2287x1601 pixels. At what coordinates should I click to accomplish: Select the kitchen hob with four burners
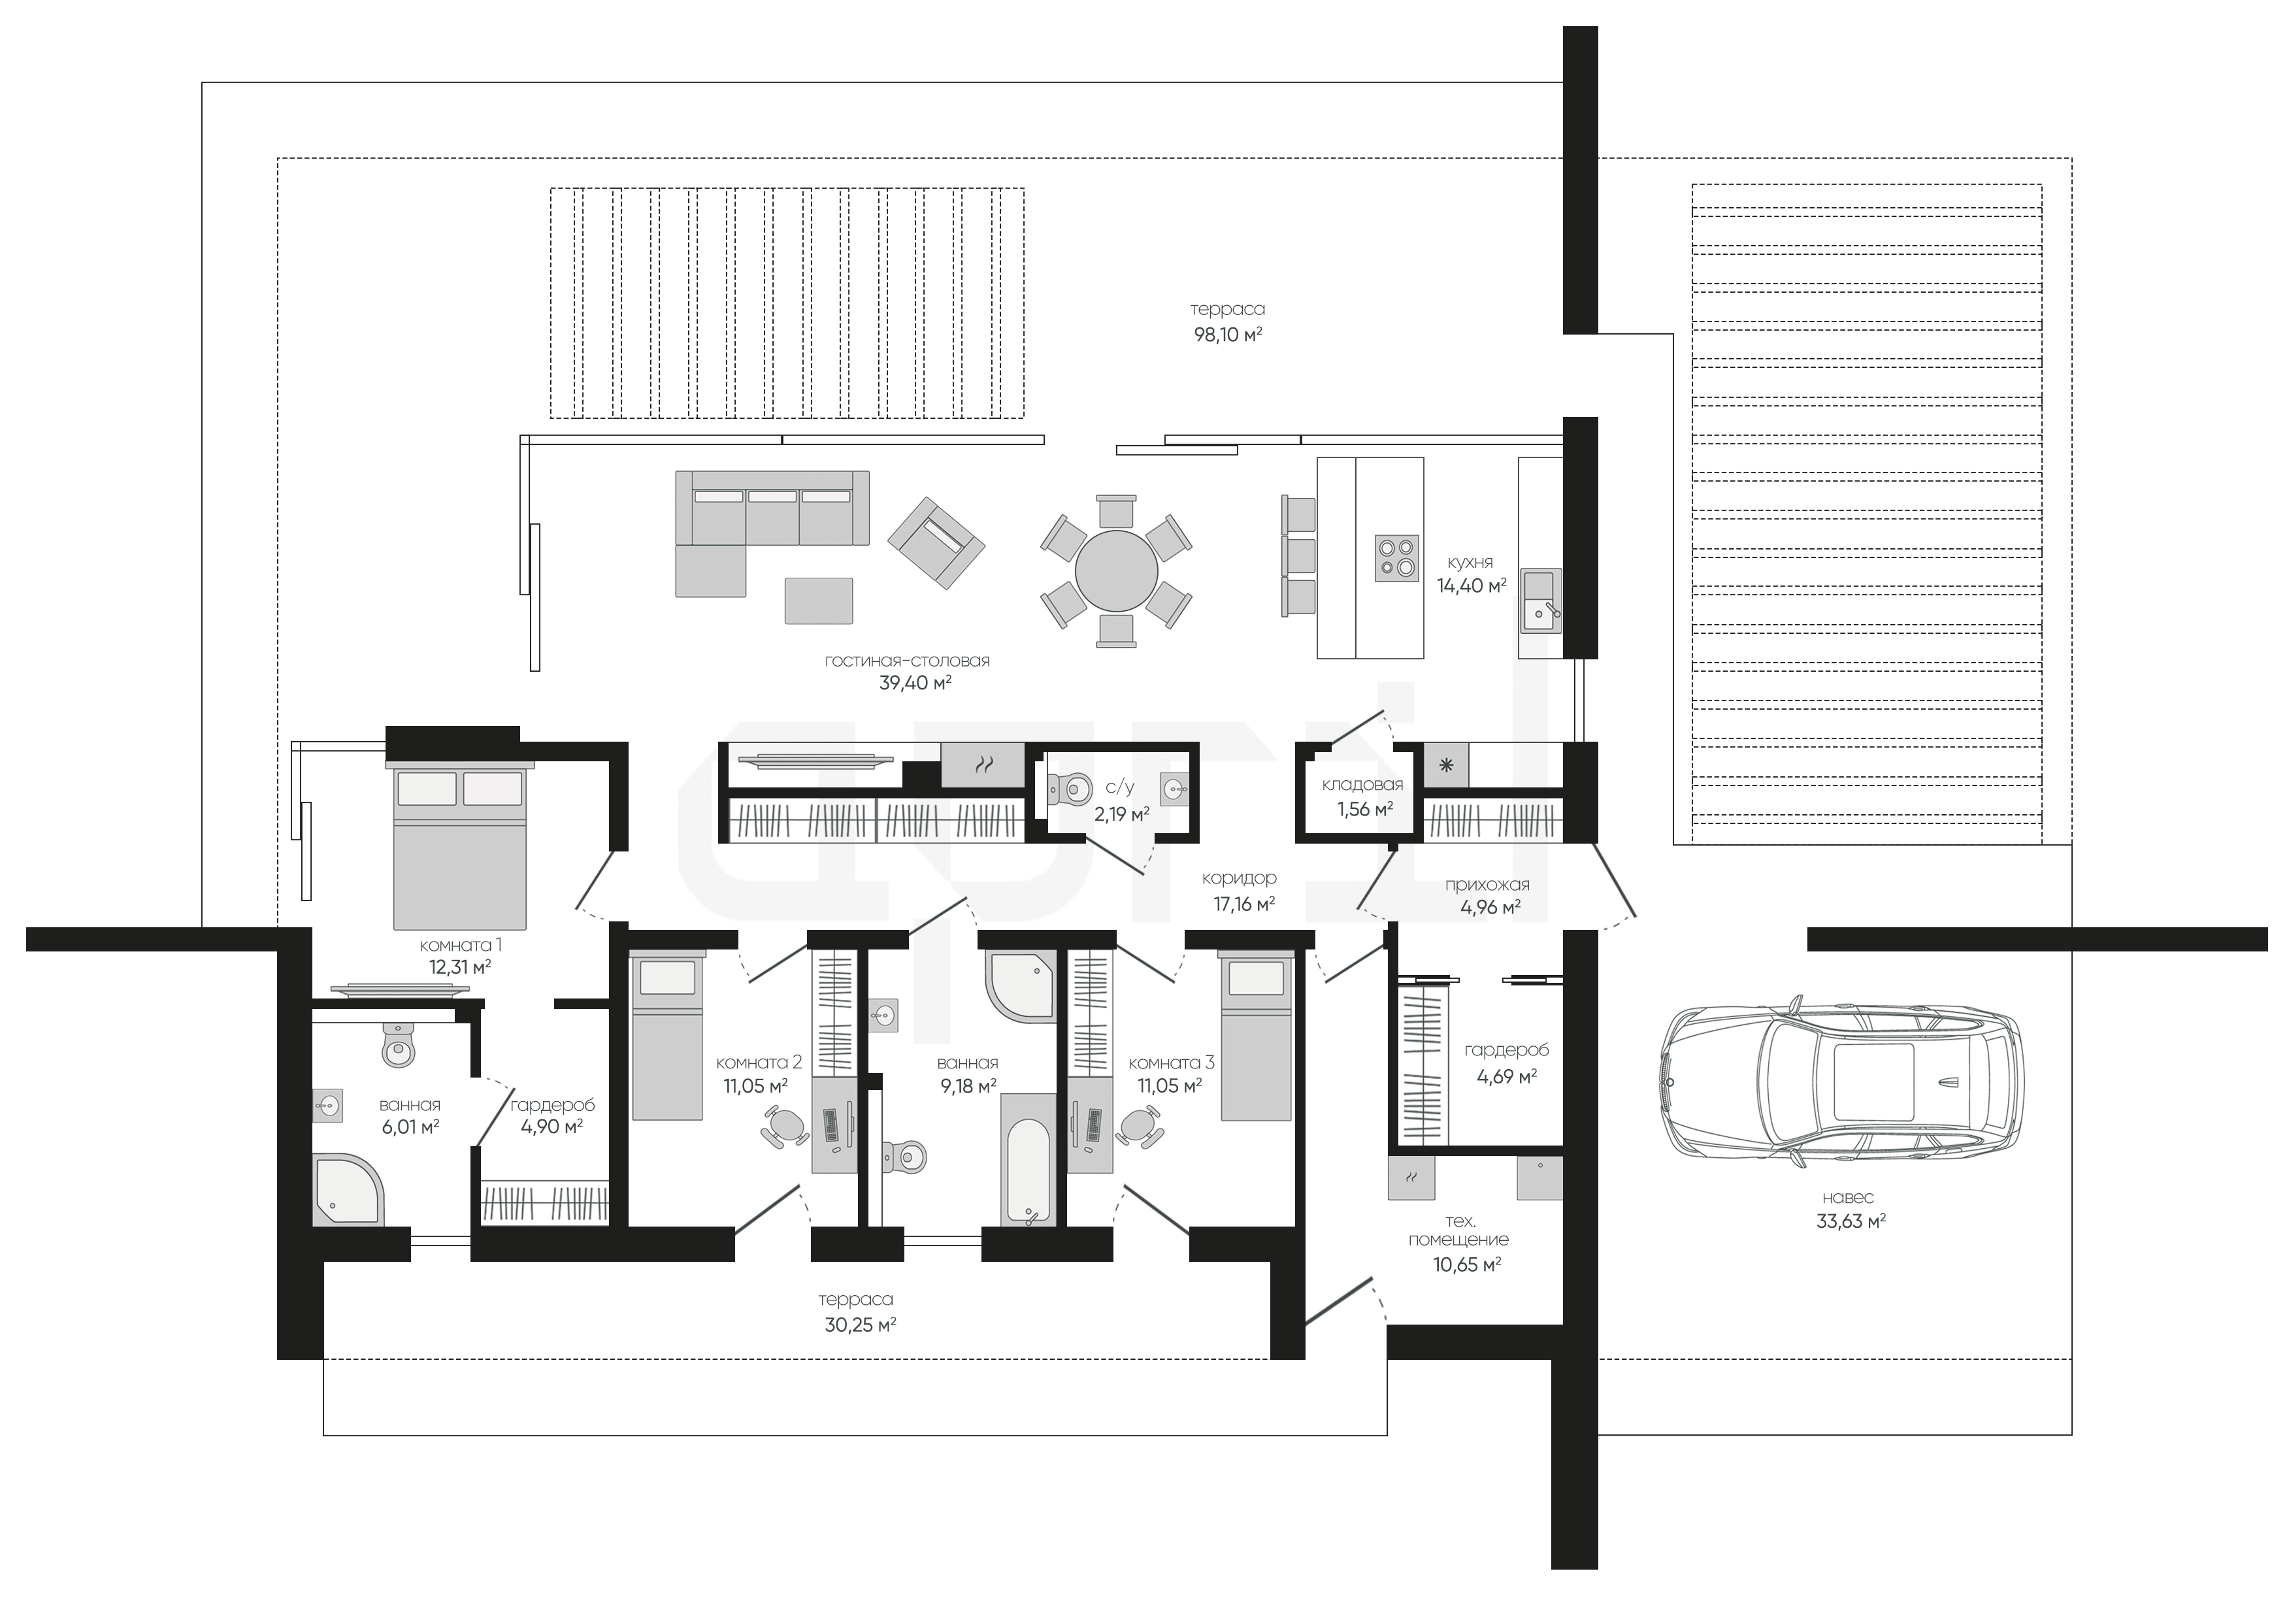coord(1396,558)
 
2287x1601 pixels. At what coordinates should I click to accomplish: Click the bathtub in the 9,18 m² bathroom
coord(1027,1159)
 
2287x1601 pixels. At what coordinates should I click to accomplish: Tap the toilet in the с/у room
coord(1065,790)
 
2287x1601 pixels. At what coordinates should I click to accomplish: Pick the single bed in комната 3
coord(1255,1035)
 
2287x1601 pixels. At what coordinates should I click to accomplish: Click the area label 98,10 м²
coord(1227,335)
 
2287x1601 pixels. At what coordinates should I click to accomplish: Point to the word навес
coord(1848,1198)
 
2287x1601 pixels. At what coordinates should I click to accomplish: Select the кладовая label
coord(1362,785)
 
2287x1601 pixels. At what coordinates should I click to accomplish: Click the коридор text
coord(1238,879)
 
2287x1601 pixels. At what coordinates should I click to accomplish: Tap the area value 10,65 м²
coord(1467,1264)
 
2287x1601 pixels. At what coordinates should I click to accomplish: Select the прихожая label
coord(1487,885)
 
